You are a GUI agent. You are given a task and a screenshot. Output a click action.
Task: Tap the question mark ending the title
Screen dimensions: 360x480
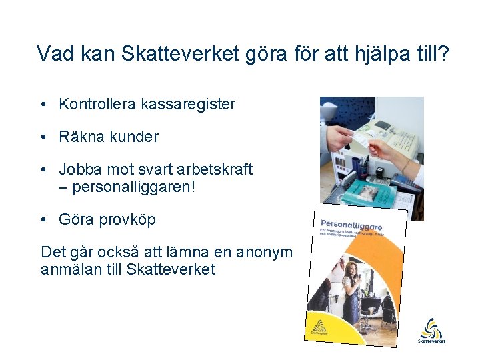pyautogui.click(x=444, y=53)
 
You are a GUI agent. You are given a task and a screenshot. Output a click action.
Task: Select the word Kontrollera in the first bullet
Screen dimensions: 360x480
pyautogui.click(x=97, y=105)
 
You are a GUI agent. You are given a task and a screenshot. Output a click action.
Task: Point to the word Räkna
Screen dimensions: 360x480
pyautogui.click(x=80, y=137)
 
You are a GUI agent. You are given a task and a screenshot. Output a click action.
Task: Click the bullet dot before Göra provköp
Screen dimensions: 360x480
pyautogui.click(x=43, y=219)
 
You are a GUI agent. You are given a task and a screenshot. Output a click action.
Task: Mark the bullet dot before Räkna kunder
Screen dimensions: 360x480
pyautogui.click(x=43, y=137)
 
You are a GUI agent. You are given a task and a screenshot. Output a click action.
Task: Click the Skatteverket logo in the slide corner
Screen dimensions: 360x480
pyautogui.click(x=431, y=331)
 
